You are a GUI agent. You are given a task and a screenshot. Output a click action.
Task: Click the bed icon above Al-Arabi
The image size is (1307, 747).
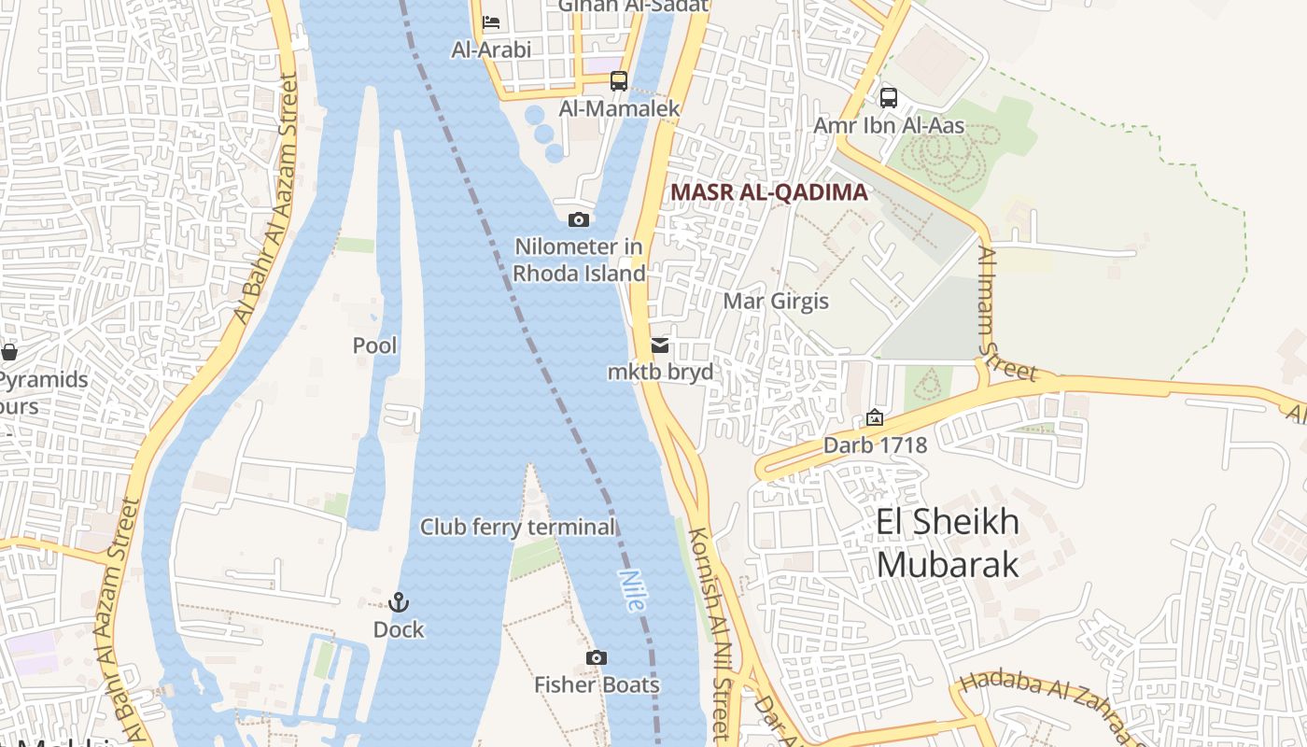[491, 22]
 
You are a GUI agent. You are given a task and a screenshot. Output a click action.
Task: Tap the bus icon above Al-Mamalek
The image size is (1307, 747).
[619, 81]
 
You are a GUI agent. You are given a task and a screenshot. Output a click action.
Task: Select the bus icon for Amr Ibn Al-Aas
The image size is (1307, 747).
[889, 97]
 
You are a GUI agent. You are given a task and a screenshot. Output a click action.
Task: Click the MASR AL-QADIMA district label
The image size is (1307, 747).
[769, 192]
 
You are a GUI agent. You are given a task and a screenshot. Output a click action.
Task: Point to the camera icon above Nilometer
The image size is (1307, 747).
[579, 220]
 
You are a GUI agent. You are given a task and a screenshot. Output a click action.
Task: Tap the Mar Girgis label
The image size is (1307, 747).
[776, 302]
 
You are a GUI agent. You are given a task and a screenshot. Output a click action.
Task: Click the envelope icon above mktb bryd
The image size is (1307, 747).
[660, 345]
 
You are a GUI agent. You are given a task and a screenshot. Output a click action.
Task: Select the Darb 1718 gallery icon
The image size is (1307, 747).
[875, 417]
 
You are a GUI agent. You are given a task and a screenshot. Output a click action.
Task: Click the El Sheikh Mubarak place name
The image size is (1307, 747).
[947, 543]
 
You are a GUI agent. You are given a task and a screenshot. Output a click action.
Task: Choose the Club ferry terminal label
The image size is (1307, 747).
[517, 528]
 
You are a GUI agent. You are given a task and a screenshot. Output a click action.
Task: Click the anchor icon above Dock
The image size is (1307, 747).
[399, 602]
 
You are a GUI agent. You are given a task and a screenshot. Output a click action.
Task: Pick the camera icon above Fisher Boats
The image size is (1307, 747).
[597, 658]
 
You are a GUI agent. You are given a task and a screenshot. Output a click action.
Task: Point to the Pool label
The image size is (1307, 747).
[374, 346]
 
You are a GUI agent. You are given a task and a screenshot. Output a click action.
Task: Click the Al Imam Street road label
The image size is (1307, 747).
[1005, 314]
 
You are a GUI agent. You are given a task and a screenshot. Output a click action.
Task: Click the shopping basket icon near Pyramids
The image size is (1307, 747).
[9, 352]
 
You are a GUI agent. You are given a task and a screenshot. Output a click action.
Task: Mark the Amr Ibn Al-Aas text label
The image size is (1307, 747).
[888, 125]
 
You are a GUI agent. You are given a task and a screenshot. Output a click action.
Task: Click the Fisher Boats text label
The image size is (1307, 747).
[597, 685]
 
